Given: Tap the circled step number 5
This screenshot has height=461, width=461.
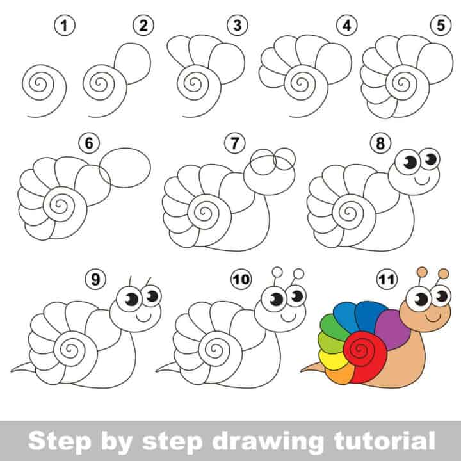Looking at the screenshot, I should [438, 26].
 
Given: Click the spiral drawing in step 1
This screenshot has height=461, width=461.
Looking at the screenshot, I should [43, 84].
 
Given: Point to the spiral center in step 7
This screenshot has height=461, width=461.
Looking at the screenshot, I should [206, 211].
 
